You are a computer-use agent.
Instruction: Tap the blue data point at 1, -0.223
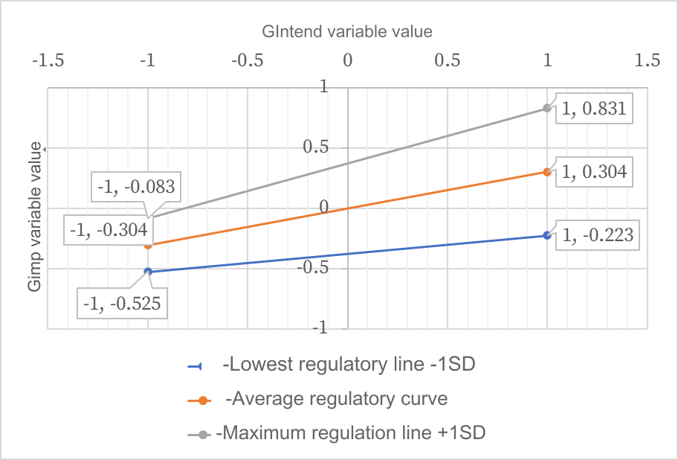547,235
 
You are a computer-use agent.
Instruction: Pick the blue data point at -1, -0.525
148,272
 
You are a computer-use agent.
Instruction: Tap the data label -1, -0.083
136,187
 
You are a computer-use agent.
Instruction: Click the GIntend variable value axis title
347,32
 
